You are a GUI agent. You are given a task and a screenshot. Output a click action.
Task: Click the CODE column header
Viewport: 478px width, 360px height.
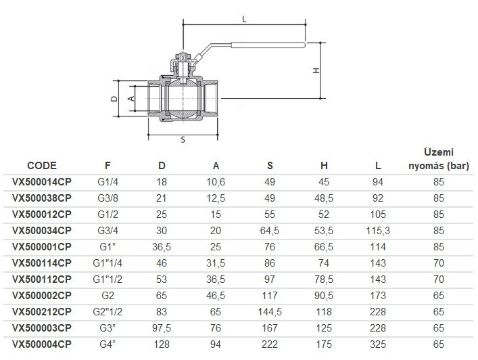(x=42, y=166)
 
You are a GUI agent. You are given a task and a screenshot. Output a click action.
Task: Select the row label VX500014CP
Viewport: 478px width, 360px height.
(x=42, y=182)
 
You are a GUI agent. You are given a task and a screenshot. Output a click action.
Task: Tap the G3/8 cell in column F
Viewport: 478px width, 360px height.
(x=107, y=198)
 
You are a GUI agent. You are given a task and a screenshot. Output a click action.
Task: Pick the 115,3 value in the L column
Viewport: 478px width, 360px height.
(x=378, y=231)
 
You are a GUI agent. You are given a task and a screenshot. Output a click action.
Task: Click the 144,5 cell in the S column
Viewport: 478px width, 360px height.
(x=270, y=312)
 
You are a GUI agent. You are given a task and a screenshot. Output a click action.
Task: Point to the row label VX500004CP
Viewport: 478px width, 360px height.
(x=42, y=344)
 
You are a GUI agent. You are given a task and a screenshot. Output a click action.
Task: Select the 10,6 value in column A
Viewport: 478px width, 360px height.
(x=216, y=182)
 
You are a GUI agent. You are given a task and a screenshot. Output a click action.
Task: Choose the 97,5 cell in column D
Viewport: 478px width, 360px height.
(x=162, y=328)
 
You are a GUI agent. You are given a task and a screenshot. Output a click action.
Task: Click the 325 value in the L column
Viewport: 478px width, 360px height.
(x=378, y=344)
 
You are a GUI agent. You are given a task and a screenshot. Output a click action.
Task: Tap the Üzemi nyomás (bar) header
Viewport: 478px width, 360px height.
(x=439, y=159)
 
